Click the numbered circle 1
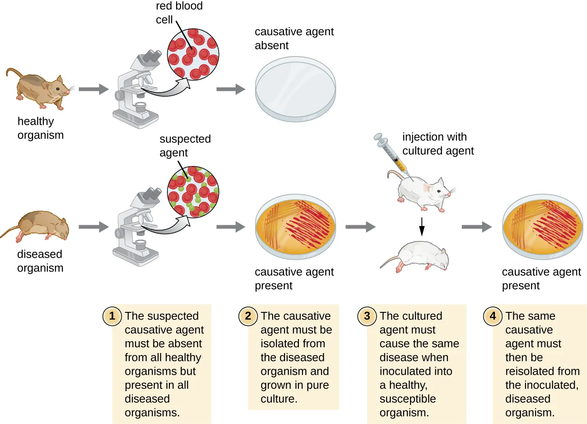tap(112, 316)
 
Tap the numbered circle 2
tap(247, 316)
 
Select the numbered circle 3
tap(367, 316)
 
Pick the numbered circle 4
tap(493, 316)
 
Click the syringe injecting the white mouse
tap(391, 154)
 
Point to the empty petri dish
tap(295, 89)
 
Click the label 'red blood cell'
tap(179, 13)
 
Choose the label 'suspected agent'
tap(185, 146)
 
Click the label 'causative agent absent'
tap(294, 38)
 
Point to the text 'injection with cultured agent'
tap(438, 144)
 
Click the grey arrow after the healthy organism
tap(93, 89)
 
